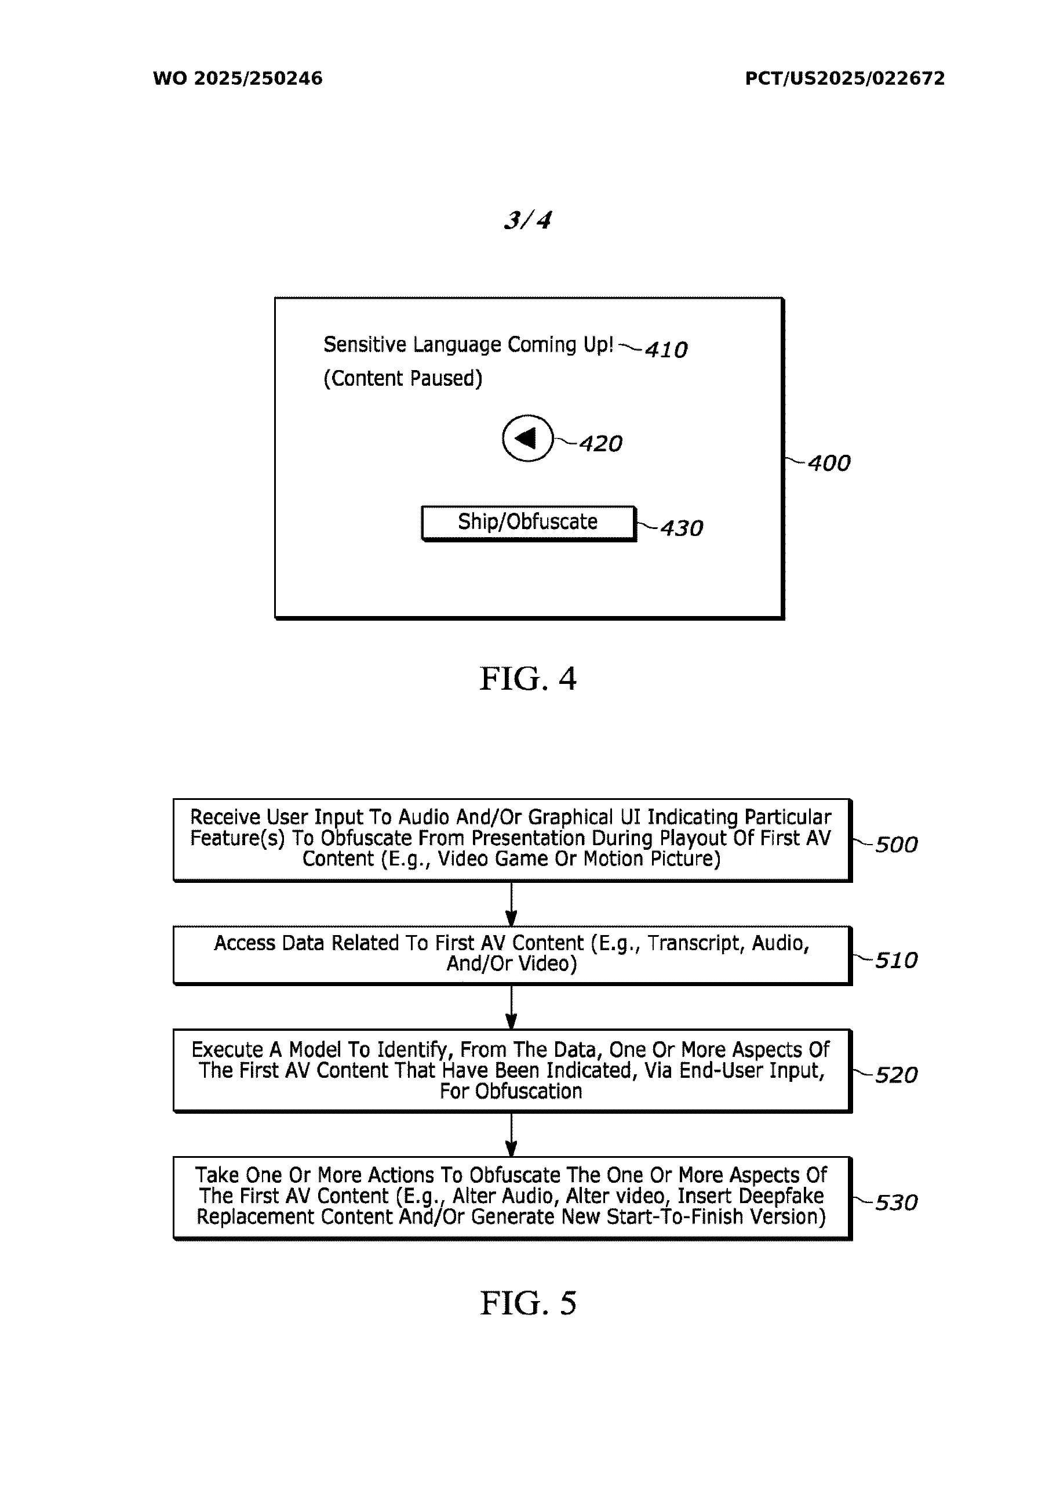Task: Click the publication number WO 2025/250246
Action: (x=237, y=78)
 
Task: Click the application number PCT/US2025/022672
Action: (x=844, y=78)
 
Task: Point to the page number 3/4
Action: (x=527, y=220)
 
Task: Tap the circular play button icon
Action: (x=527, y=438)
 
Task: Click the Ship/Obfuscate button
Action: (x=527, y=522)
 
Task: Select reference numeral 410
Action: (x=666, y=350)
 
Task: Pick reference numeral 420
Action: (x=600, y=444)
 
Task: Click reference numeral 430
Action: (x=681, y=528)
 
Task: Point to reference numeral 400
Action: (x=829, y=463)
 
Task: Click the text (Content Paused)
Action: (x=403, y=378)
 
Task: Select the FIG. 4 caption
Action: (x=527, y=679)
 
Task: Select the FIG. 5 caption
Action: (x=527, y=1303)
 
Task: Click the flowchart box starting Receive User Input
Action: (x=511, y=839)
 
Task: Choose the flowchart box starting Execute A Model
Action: (x=511, y=1070)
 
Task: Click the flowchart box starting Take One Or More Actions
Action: (x=511, y=1196)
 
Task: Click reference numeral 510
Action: (x=896, y=961)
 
